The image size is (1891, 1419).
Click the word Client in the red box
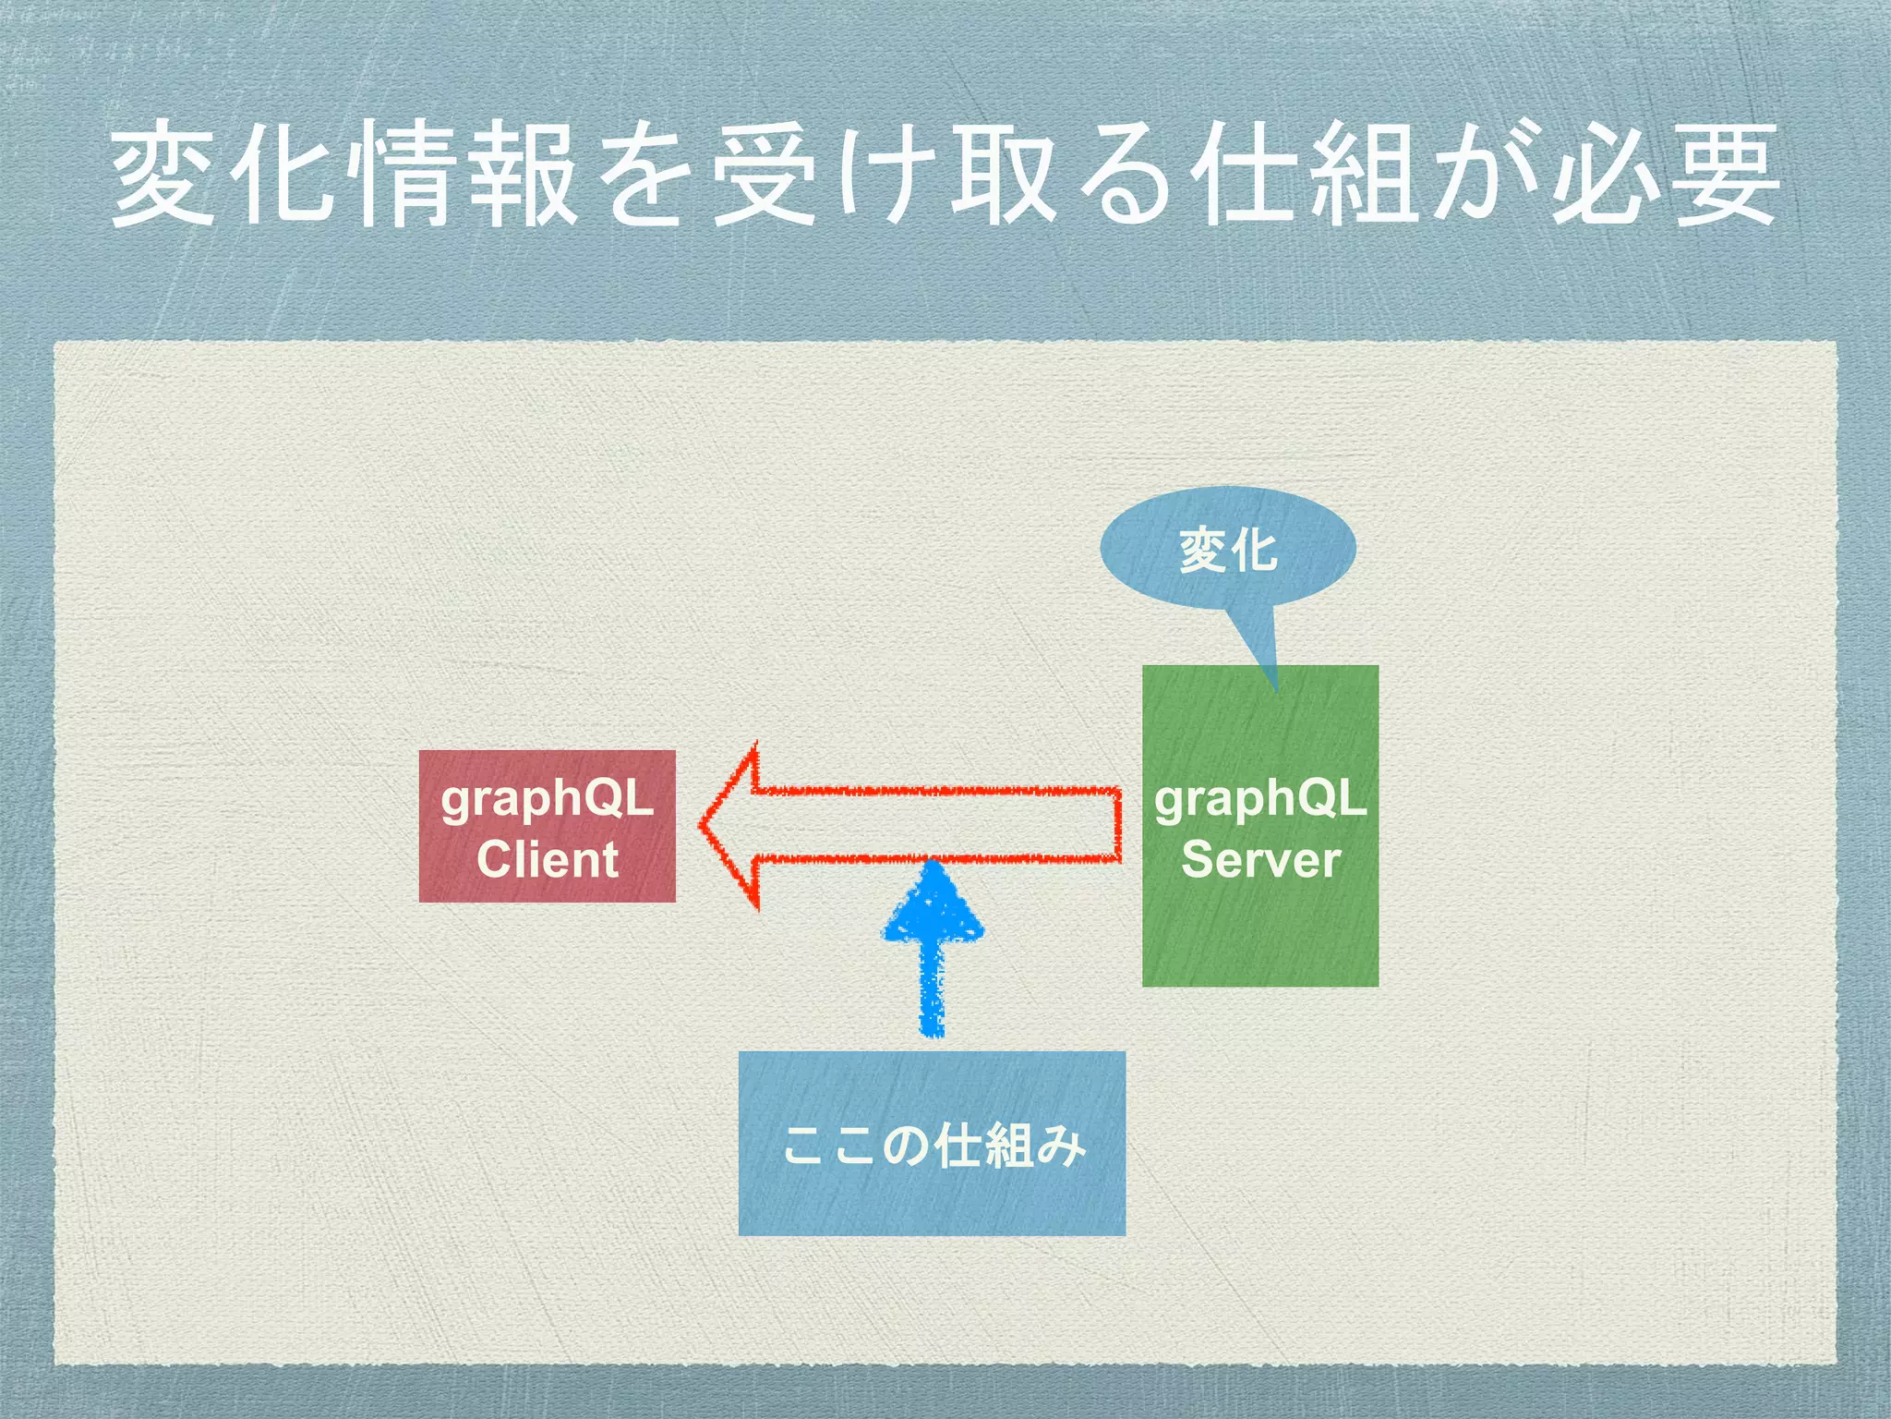click(x=547, y=859)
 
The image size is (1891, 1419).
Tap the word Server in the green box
click(x=1260, y=859)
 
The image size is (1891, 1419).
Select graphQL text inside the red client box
click(x=547, y=798)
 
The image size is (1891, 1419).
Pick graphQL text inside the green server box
click(x=1260, y=798)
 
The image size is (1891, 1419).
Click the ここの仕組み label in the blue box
click(x=933, y=1146)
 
